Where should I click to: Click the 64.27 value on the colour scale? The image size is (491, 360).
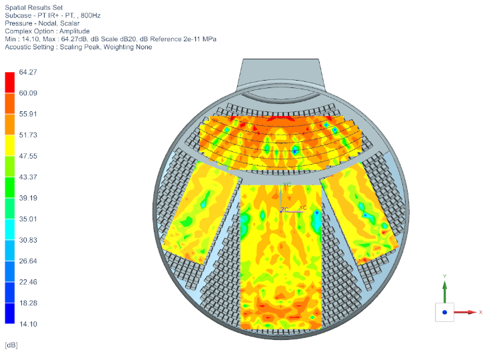[28, 72]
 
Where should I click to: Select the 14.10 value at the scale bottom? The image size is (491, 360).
[28, 324]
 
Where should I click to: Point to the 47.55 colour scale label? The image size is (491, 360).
[28, 156]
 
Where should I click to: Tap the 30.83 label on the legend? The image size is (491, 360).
[28, 240]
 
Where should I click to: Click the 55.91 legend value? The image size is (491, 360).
[28, 114]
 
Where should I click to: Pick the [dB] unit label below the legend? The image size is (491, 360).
[11, 345]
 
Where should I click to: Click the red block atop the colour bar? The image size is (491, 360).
[9, 82]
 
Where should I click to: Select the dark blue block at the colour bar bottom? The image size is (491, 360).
[9, 313]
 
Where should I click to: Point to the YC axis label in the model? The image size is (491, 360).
[287, 184]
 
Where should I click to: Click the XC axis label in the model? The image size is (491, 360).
[303, 207]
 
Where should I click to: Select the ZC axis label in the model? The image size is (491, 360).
[284, 209]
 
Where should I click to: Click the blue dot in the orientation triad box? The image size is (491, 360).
[444, 311]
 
